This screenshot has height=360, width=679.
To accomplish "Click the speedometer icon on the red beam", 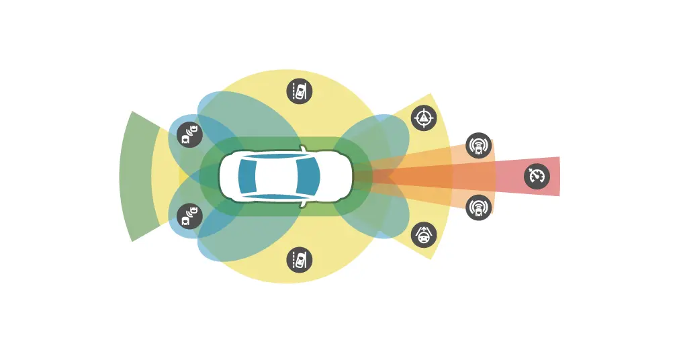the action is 537,177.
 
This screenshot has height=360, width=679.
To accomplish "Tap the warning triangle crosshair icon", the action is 424,118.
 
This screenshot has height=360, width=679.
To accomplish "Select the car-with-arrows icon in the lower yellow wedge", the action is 424,234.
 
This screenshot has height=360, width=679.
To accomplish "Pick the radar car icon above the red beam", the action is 478,145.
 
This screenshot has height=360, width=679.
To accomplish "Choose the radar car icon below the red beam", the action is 478,208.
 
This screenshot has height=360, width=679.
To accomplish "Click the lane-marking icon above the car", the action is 300,91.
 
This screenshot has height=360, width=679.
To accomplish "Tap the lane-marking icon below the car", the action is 300,260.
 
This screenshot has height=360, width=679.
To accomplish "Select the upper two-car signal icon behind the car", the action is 189,134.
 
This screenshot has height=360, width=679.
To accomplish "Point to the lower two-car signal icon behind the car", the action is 189,216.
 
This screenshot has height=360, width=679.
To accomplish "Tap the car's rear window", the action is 246,176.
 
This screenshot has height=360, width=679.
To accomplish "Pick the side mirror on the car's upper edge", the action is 304,148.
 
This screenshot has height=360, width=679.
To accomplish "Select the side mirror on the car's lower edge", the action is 304,203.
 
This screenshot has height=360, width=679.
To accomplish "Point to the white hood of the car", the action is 336,176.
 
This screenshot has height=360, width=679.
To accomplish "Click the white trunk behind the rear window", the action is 228,176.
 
